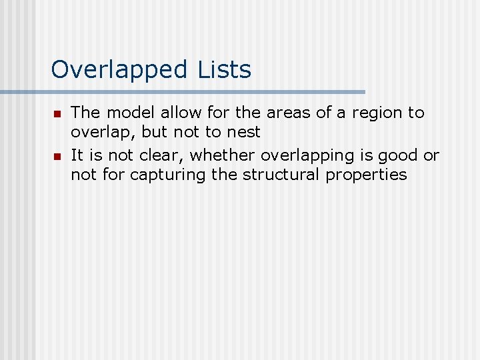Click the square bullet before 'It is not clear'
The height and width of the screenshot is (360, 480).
point(57,157)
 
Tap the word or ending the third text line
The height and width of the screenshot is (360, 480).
point(431,156)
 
